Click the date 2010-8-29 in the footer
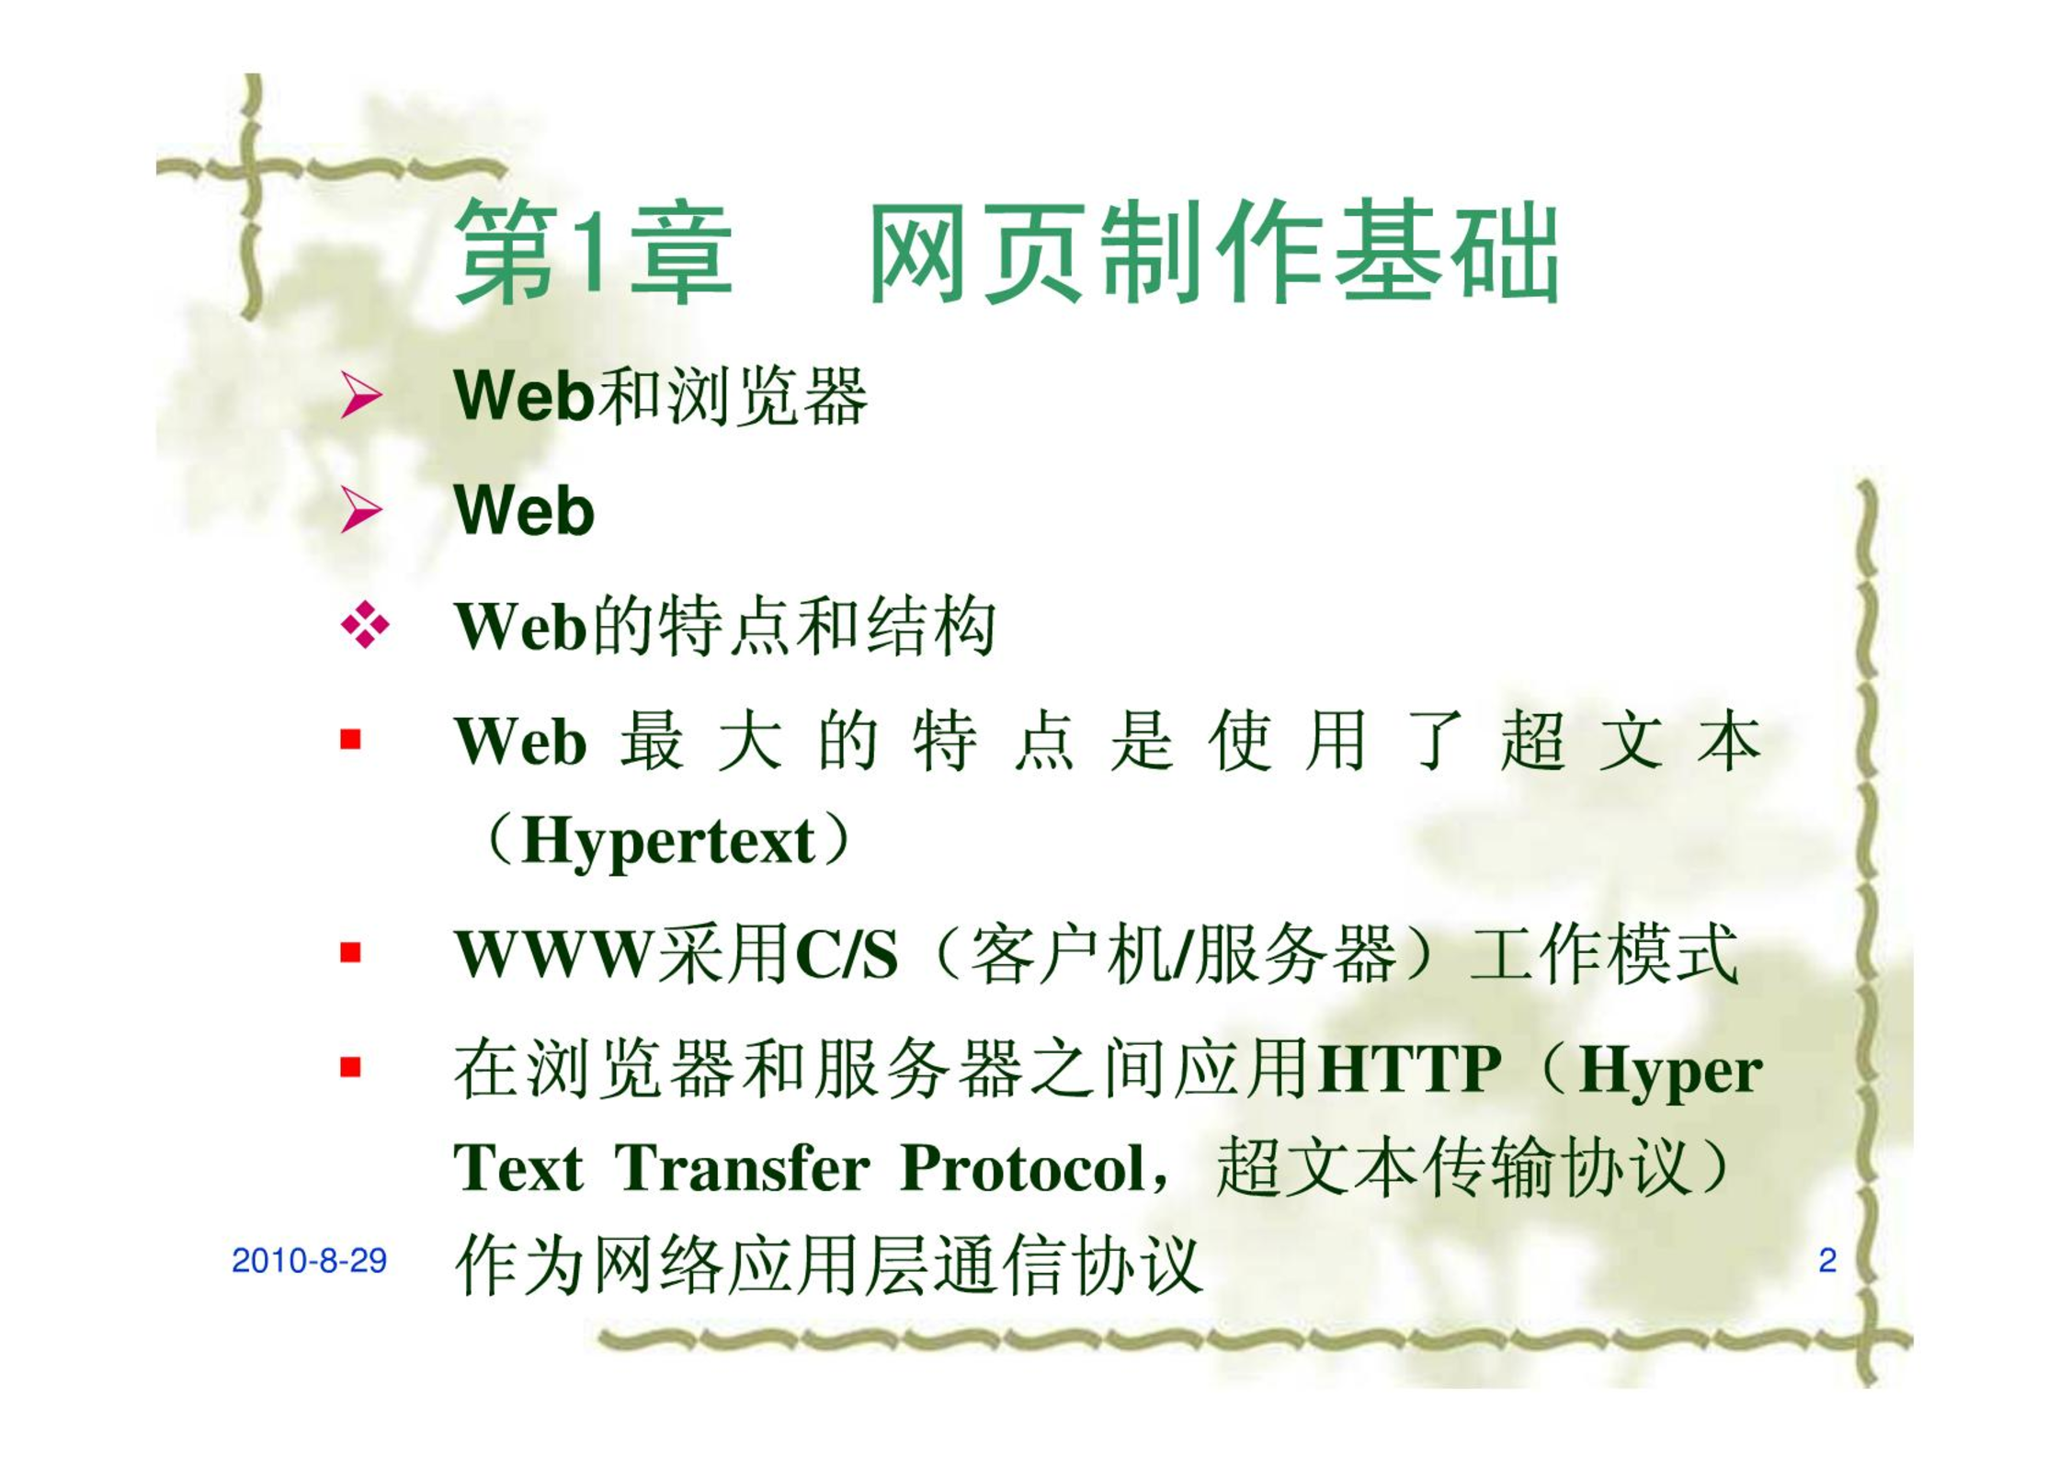(x=309, y=1260)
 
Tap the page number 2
(x=1827, y=1260)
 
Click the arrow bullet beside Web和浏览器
(x=361, y=396)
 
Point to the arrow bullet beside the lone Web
(x=361, y=510)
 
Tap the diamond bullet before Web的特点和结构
(x=364, y=625)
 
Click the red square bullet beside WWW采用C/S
(x=350, y=952)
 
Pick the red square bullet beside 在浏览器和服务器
(x=350, y=1067)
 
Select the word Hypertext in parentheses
(x=668, y=843)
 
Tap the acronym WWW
(x=553, y=954)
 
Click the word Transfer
(x=742, y=1169)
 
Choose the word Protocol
(x=1022, y=1169)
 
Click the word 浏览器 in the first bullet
(x=767, y=397)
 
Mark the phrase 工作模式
(x=1605, y=954)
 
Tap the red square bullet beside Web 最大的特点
(x=350, y=739)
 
